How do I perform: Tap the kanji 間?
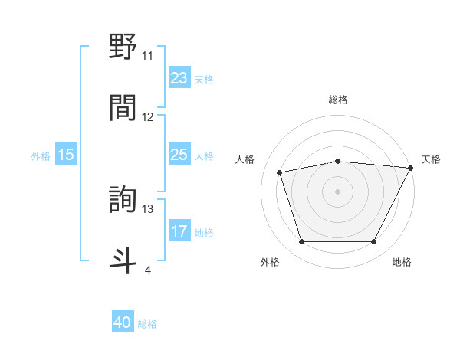pyautogui.click(x=123, y=106)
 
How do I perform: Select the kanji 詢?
pyautogui.click(x=123, y=200)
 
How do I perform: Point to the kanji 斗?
pyautogui.click(x=123, y=260)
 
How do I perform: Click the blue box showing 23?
pyautogui.click(x=179, y=78)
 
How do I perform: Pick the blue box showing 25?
pyautogui.click(x=179, y=155)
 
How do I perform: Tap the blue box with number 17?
pyautogui.click(x=179, y=232)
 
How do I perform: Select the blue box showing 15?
pyautogui.click(x=66, y=155)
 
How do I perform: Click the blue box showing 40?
pyautogui.click(x=123, y=323)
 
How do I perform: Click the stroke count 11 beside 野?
pyautogui.click(x=147, y=56)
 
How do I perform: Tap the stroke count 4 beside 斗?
pyautogui.click(x=147, y=269)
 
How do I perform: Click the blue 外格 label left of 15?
pyautogui.click(x=41, y=156)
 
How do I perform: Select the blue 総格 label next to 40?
pyautogui.click(x=147, y=324)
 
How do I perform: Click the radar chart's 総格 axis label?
pyautogui.click(x=337, y=100)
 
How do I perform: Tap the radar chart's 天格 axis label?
pyautogui.click(x=431, y=159)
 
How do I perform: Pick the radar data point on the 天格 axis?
pyautogui.click(x=412, y=167)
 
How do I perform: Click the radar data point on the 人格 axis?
pyautogui.click(x=280, y=172)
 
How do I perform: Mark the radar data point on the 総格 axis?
pyautogui.click(x=337, y=161)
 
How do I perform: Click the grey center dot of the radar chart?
pyautogui.click(x=337, y=191)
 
